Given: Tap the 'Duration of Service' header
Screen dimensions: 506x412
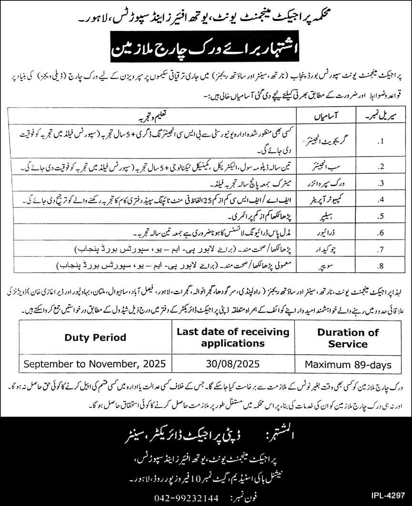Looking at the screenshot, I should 348,337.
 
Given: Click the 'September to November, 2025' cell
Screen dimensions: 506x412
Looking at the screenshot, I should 96,365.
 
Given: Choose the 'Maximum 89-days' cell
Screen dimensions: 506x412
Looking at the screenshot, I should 348,365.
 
